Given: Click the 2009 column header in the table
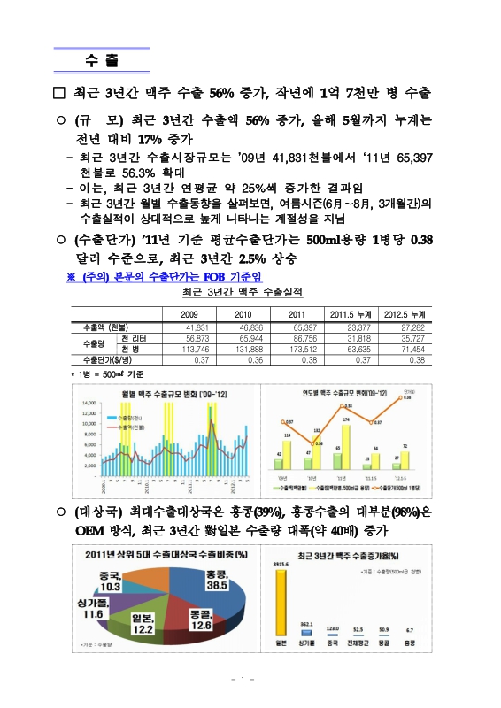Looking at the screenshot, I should click(x=189, y=314).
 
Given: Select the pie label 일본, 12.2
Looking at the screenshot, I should click(x=143, y=622).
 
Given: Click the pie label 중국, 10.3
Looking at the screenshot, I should click(x=110, y=580).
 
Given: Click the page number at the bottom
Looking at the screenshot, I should click(x=250, y=680).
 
